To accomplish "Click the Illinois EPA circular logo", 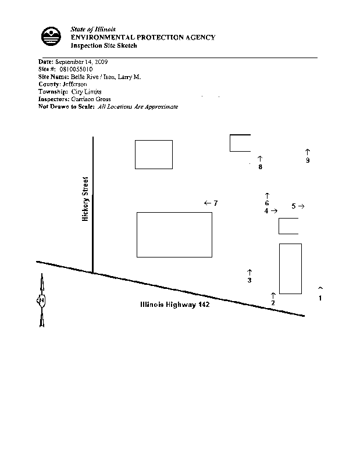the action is point(51,36).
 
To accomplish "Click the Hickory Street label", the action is point(85,199).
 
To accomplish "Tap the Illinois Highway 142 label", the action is point(175,305).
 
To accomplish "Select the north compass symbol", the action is point(41,300).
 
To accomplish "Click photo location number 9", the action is point(308,160).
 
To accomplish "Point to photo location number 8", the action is point(261,167).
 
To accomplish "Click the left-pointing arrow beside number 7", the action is point(208,203).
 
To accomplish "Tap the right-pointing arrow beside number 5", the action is point(301,206).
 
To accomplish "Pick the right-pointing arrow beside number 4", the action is point(275,211).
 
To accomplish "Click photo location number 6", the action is point(267,203).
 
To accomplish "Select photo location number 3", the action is point(249,280).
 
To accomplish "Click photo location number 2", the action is point(273,303).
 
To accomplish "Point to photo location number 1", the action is point(320,298).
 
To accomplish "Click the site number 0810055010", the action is point(76,69).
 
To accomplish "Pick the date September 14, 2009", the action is point(81,62).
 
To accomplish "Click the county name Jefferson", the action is point(75,84).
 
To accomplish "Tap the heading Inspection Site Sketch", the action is point(104,46).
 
